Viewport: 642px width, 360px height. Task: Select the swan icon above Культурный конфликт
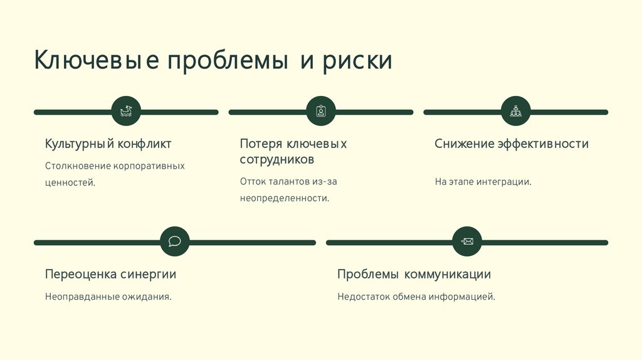point(126,112)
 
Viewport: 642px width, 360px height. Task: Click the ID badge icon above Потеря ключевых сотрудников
point(321,112)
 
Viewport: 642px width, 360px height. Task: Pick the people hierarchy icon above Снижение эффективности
point(516,112)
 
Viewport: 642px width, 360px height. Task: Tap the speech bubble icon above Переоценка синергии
point(175,241)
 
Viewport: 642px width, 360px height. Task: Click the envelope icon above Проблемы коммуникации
point(467,241)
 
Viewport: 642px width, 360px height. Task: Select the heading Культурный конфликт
point(108,144)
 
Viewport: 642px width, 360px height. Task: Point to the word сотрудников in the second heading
point(276,159)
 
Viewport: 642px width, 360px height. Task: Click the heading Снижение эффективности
point(512,144)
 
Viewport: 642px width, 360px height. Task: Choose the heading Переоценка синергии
point(110,274)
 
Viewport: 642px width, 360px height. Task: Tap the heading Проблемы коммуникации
point(414,274)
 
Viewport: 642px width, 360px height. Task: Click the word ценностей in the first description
point(70,183)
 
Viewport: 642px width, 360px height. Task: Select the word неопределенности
point(284,198)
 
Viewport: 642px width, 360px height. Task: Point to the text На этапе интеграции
point(483,182)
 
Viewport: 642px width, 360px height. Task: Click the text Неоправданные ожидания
point(108,296)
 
